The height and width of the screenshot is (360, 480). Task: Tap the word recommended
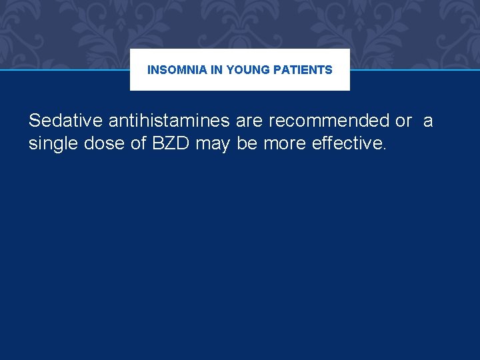pyautogui.click(x=329, y=121)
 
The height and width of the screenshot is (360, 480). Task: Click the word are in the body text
pyautogui.click(x=249, y=121)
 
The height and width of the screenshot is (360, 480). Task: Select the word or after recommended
pyautogui.click(x=403, y=121)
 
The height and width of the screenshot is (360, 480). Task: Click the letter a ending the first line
pyautogui.click(x=428, y=121)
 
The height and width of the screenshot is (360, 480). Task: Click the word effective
pyautogui.click(x=349, y=143)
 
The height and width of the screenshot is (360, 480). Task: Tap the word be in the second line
pyautogui.click(x=247, y=143)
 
